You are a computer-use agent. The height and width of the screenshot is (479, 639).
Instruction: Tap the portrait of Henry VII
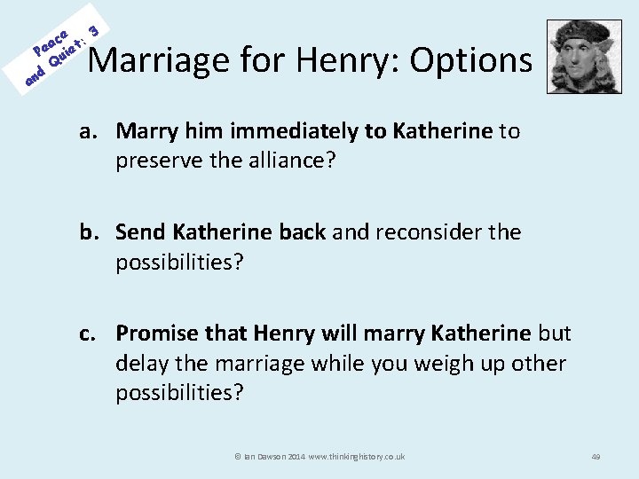tap(578, 57)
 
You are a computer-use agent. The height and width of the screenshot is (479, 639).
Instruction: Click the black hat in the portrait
tap(578, 32)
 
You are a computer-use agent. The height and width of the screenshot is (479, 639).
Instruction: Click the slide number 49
tap(596, 456)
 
